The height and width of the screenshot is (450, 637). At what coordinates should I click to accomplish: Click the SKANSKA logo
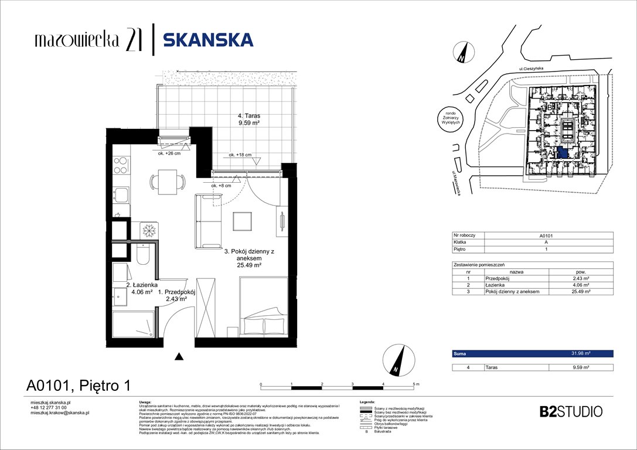(x=208, y=40)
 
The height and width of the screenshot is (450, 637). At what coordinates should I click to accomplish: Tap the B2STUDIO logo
(x=570, y=411)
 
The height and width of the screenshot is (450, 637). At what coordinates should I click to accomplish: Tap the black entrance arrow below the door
(x=179, y=356)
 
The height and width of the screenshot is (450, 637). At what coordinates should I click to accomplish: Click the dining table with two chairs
(x=165, y=182)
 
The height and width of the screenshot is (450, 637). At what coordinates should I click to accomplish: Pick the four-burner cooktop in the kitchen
(x=121, y=165)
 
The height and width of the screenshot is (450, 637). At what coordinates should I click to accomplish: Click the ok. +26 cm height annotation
(x=169, y=154)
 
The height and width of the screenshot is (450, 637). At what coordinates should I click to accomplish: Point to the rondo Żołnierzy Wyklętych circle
(x=454, y=120)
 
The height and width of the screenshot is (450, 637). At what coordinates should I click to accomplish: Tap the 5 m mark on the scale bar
(x=415, y=384)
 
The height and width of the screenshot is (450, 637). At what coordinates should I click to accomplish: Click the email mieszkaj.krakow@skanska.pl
(x=59, y=413)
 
